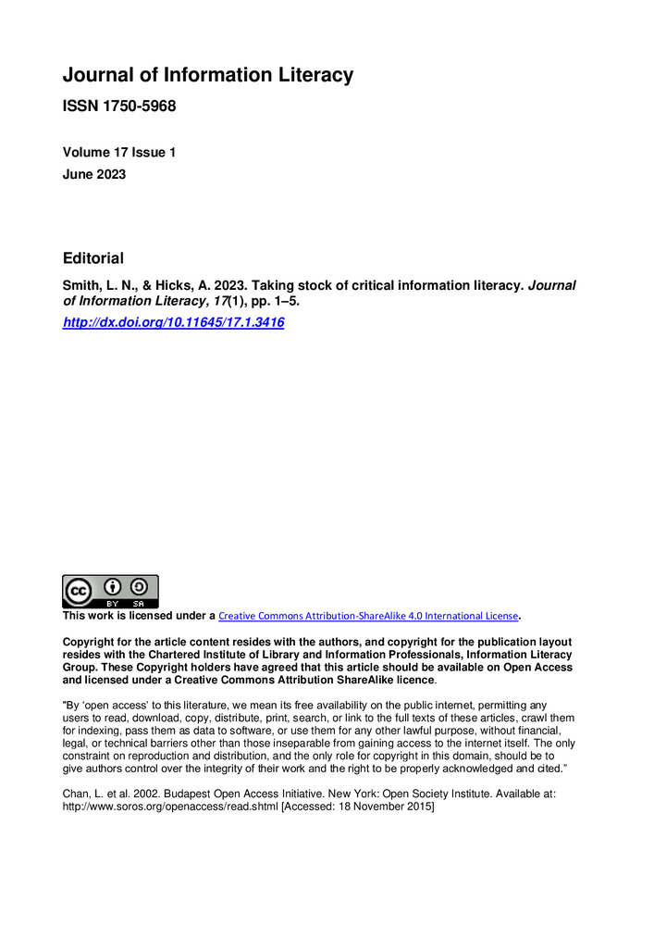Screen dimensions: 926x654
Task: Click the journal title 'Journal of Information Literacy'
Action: pyautogui.click(x=207, y=75)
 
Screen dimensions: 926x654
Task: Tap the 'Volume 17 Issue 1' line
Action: pyautogui.click(x=118, y=153)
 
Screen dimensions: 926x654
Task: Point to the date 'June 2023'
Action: pyautogui.click(x=94, y=173)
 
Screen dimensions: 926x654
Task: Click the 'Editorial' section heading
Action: pyautogui.click(x=93, y=258)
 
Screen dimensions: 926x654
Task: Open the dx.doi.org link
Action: pyautogui.click(x=173, y=322)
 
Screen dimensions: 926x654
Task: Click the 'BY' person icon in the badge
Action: pyautogui.click(x=113, y=586)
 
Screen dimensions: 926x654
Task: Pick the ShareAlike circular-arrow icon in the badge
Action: pyautogui.click(x=139, y=586)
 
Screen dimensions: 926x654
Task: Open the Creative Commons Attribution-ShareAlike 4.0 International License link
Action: pyautogui.click(x=368, y=616)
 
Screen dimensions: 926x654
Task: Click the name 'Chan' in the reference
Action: pyautogui.click(x=76, y=794)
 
